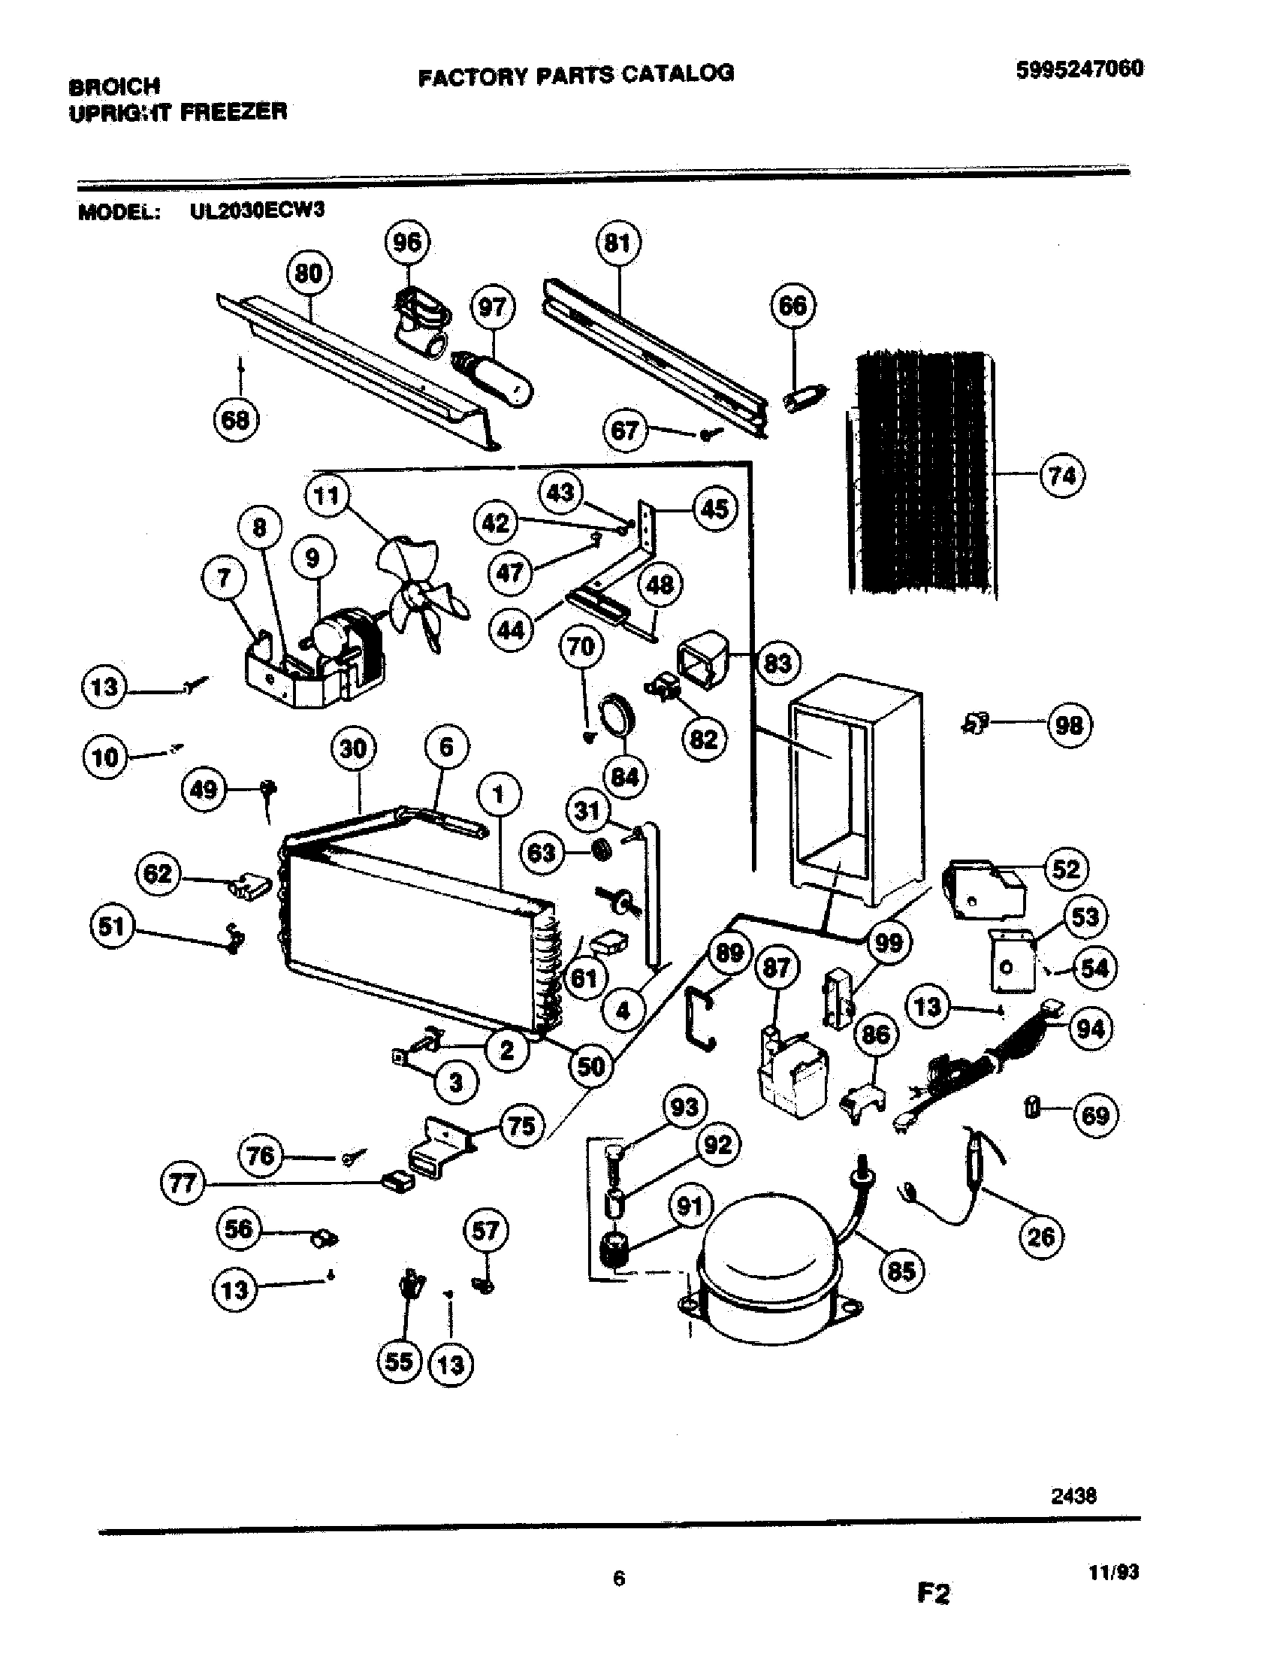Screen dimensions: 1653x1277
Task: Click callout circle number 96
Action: coord(407,243)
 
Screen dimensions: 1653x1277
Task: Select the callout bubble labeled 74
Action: coord(1062,476)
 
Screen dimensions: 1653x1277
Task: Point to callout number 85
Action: coord(901,1271)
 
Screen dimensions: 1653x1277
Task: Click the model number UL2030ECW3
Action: coord(256,210)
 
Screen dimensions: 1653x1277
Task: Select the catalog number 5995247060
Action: coord(1079,70)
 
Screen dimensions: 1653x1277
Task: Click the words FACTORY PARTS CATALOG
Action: coord(575,74)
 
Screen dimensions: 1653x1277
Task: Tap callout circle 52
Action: coord(1065,869)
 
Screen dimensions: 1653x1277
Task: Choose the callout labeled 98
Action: coord(1069,726)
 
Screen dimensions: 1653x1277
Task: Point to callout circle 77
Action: coord(183,1183)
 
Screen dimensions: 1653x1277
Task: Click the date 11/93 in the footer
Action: coord(1113,1573)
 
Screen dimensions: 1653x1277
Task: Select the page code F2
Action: coord(933,1594)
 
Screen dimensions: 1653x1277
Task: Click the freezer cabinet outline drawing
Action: coord(855,787)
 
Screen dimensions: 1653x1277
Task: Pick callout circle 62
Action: coord(157,874)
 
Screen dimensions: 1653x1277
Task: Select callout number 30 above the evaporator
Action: coord(353,749)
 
